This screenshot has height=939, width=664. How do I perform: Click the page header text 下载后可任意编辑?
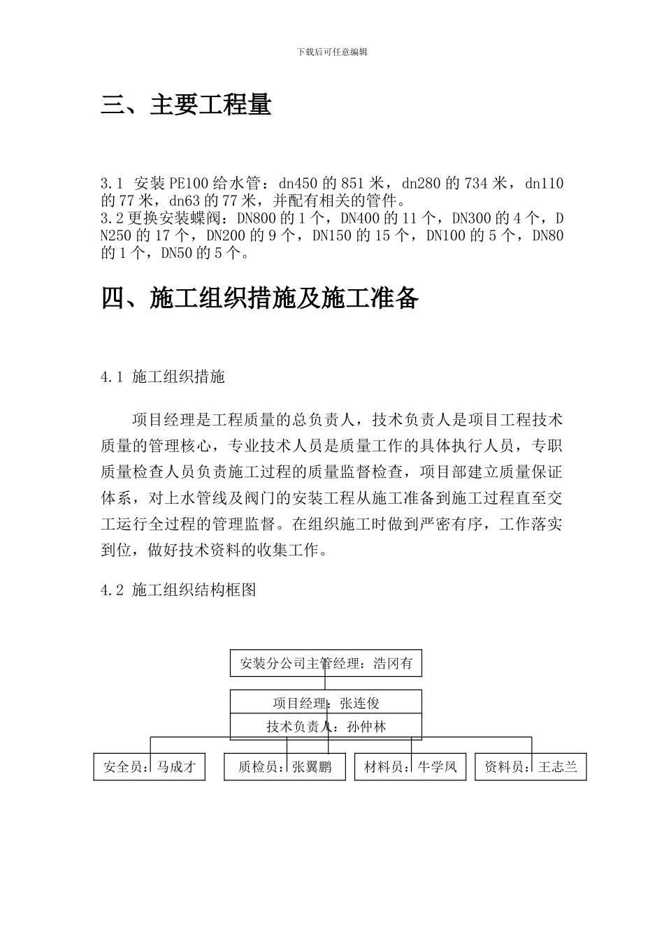click(332, 52)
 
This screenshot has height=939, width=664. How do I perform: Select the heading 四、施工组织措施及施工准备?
click(260, 298)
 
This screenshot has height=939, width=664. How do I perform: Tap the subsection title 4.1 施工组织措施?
click(163, 377)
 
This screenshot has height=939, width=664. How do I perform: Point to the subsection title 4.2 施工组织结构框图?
click(178, 590)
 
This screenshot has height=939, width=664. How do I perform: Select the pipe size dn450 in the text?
click(298, 184)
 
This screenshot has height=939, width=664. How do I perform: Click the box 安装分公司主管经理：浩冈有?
click(326, 664)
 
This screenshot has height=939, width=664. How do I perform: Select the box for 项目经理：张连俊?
click(326, 703)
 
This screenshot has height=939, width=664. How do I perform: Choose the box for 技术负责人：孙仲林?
click(326, 727)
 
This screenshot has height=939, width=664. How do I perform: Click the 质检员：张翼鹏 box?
click(284, 767)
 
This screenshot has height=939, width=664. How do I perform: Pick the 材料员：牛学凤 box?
click(410, 767)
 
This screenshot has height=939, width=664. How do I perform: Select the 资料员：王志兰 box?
click(531, 767)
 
